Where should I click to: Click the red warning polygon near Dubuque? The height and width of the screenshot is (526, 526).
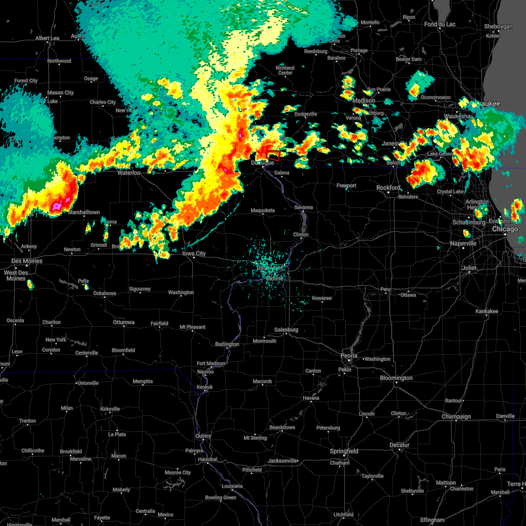tap(273, 156)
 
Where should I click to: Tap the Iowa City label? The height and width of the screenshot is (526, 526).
tap(194, 254)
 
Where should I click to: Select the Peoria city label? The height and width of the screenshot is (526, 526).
tap(349, 355)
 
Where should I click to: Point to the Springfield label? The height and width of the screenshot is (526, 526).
tap(344, 451)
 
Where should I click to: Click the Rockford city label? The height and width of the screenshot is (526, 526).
tap(388, 188)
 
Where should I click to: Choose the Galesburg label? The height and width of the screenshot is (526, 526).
tap(286, 330)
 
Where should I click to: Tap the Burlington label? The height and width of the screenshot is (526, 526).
tap(227, 344)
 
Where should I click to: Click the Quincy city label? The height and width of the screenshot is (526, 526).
tap(203, 436)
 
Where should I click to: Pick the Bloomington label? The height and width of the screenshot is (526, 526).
tap(396, 378)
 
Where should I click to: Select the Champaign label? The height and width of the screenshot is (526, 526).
tap(456, 416)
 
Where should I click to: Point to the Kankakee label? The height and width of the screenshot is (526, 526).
tap(487, 311)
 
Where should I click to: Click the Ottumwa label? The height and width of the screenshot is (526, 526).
tap(124, 322)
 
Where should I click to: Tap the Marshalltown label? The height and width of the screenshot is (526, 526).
tap(84, 212)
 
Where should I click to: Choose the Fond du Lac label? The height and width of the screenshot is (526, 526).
tap(440, 24)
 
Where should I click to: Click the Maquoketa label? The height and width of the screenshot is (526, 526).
tap(263, 210)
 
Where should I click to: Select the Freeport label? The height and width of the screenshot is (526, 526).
tap(346, 186)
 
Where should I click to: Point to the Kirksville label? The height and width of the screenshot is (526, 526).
tap(110, 409)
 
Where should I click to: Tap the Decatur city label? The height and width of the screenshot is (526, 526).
tap(399, 445)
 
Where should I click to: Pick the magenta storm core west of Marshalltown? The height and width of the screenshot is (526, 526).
tap(57, 206)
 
